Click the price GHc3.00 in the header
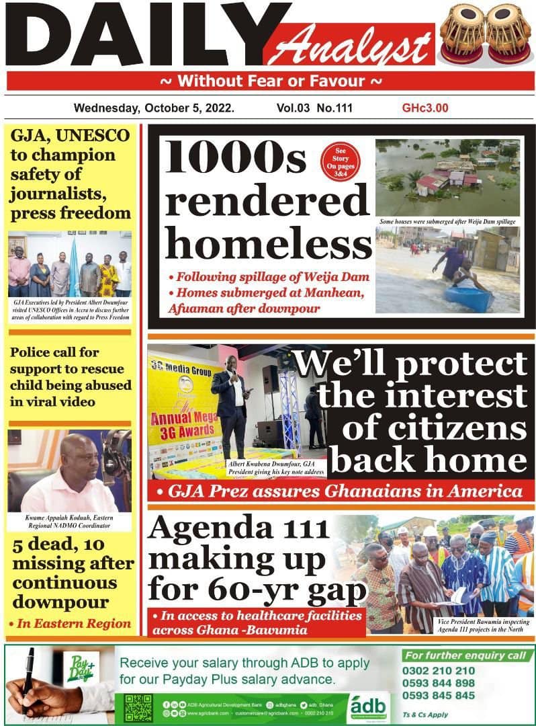click(x=425, y=108)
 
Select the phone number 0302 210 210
click(x=439, y=670)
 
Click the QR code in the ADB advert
click(x=138, y=708)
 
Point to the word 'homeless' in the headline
click(x=269, y=241)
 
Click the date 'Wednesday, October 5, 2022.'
click(x=154, y=108)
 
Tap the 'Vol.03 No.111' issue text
click(x=314, y=108)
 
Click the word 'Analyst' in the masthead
click(x=356, y=47)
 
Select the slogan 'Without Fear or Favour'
click(x=271, y=82)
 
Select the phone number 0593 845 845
click(x=439, y=696)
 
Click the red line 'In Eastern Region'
click(x=70, y=624)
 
